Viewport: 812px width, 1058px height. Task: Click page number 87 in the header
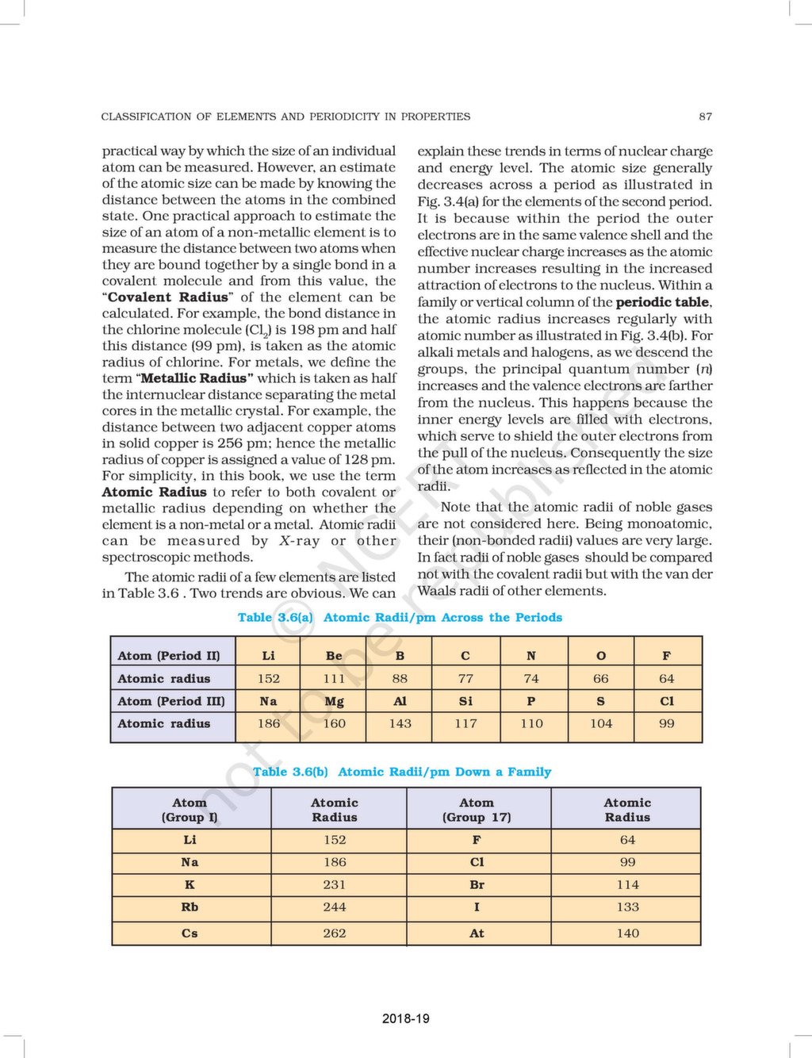pyautogui.click(x=705, y=117)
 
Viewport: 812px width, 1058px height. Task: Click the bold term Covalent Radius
pyautogui.click(x=167, y=297)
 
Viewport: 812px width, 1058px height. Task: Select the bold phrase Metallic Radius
pyautogui.click(x=197, y=378)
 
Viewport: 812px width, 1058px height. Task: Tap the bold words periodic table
pyautogui.click(x=662, y=302)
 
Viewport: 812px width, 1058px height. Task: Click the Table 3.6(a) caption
pyautogui.click(x=400, y=617)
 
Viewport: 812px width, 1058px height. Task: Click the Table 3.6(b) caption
pyautogui.click(x=401, y=772)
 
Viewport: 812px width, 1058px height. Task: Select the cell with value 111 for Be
pyautogui.click(x=334, y=679)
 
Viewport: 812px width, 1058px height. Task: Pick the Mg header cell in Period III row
pyautogui.click(x=334, y=701)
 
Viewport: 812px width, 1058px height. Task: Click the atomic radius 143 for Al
pyautogui.click(x=400, y=723)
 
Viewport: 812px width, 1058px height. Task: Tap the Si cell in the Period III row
pyautogui.click(x=465, y=701)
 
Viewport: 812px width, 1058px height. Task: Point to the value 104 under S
pyautogui.click(x=601, y=723)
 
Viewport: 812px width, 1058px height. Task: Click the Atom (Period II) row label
pyautogui.click(x=169, y=656)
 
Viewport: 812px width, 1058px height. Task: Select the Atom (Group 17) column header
pyautogui.click(x=477, y=810)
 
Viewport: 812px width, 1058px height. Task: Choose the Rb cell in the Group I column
pyautogui.click(x=190, y=907)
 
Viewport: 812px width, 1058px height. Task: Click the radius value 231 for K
pyautogui.click(x=335, y=884)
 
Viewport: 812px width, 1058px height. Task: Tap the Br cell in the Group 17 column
pyautogui.click(x=477, y=884)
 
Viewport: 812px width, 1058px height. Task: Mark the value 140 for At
pyautogui.click(x=627, y=933)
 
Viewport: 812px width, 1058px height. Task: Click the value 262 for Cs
pyautogui.click(x=335, y=933)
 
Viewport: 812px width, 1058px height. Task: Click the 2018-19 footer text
pyautogui.click(x=405, y=1018)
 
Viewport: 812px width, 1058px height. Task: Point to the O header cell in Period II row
pyautogui.click(x=601, y=656)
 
